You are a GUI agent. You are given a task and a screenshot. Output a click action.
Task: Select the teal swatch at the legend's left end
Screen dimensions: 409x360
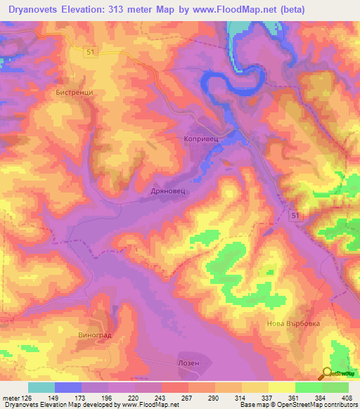tap(41, 387)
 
